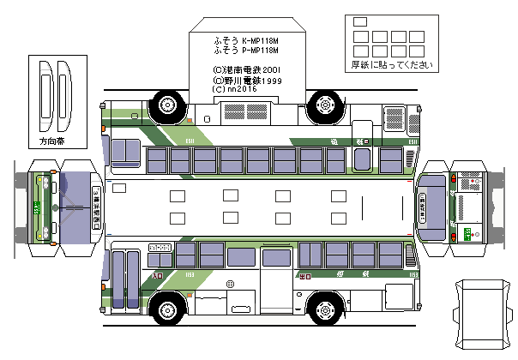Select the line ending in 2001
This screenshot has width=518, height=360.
tap(247, 69)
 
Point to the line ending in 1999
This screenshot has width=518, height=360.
tap(247, 78)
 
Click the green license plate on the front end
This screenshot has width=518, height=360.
tap(38, 207)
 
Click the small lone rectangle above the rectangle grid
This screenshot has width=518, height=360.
tap(359, 21)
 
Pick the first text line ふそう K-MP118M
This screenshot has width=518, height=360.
tap(247, 40)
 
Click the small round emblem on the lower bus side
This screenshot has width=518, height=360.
tap(230, 284)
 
